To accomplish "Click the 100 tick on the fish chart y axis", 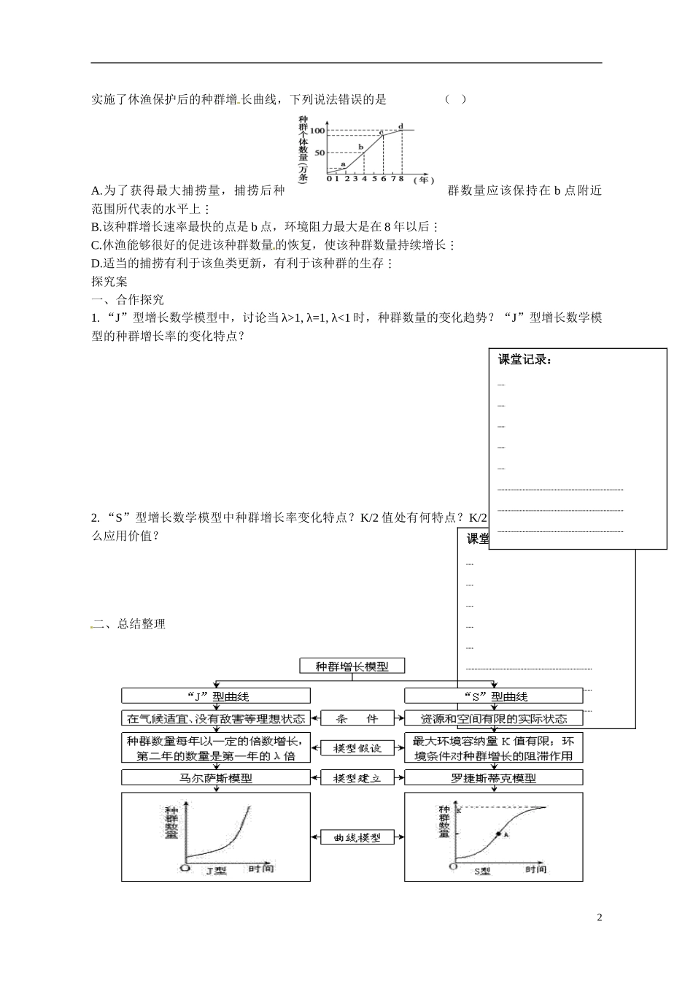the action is tap(318, 130).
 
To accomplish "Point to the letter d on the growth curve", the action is tap(401, 126).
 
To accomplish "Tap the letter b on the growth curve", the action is tap(360, 147).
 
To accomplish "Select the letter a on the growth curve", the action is tap(342, 164).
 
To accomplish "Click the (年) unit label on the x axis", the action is tap(423, 179).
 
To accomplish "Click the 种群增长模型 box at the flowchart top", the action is tap(352, 666).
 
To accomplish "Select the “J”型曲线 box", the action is tap(215, 696).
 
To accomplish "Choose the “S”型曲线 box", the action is tap(495, 696).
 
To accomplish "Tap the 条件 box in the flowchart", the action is tap(357, 718).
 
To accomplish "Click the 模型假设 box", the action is tap(357, 748).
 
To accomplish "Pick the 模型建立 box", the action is tap(357, 778).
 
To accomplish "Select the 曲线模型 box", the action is tap(357, 837).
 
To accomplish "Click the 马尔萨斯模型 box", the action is tap(215, 778).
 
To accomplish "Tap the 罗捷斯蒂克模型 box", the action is tap(495, 778).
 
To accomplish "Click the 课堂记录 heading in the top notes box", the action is tap(524, 360).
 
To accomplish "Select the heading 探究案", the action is tap(109, 281).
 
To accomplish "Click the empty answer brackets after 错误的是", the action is tap(455, 99).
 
